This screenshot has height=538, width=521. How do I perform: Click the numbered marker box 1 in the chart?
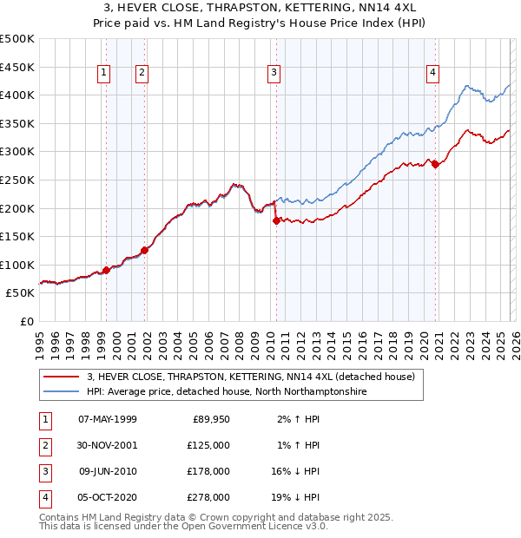pos(104,74)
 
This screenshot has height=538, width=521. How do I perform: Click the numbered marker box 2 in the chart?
pos(141,74)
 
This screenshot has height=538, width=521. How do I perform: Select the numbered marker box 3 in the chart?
pos(274,74)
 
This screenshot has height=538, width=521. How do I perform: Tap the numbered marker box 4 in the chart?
pos(432,74)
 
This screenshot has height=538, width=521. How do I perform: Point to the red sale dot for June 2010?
pos(276,221)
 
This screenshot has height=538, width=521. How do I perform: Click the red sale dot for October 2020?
pos(435,165)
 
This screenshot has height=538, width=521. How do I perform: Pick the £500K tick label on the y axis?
pos(17,39)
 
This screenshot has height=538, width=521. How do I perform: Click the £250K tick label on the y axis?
pos(17,180)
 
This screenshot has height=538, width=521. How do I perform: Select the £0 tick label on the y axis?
pos(26,321)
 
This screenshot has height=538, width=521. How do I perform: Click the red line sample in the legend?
pos(61,377)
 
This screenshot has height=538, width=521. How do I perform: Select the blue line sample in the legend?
pos(61,392)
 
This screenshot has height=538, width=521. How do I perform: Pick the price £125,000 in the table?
pos(208,445)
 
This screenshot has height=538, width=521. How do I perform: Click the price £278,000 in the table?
pos(208,497)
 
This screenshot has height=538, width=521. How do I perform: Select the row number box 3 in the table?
pos(43,471)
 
